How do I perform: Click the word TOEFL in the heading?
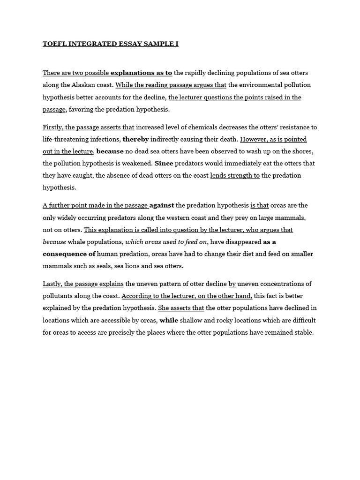tap(53, 44)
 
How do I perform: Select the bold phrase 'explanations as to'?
tap(141, 73)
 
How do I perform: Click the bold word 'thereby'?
tap(136, 139)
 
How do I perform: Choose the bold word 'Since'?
tap(164, 163)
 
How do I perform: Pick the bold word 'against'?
tap(162, 205)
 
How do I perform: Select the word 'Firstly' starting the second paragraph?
tap(52, 127)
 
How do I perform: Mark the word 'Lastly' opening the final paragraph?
tap(52, 284)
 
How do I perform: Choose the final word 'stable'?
tap(302, 332)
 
